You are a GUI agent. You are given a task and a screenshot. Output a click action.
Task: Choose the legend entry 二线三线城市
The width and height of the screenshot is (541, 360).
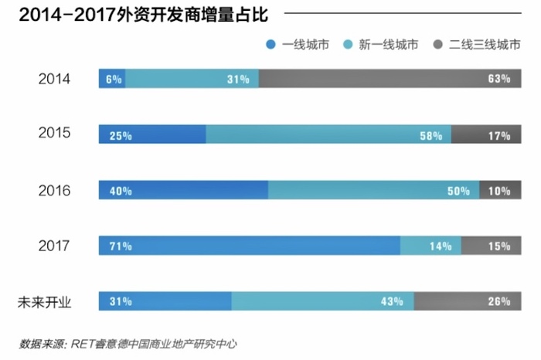[x=486, y=45]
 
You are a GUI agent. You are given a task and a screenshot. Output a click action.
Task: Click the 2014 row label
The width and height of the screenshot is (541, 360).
[x=54, y=79]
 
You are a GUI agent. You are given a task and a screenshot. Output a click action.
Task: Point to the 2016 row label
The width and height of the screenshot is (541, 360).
[x=54, y=190]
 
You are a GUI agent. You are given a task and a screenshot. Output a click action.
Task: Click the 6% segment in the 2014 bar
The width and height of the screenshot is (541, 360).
[x=111, y=79]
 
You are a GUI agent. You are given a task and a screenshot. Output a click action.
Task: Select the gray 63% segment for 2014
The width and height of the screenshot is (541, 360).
[x=386, y=79]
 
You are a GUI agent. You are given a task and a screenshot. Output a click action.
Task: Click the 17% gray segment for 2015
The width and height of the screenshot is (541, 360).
[x=484, y=134]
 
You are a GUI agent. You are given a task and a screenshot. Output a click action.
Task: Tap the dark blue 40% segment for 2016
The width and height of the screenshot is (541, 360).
[x=182, y=190]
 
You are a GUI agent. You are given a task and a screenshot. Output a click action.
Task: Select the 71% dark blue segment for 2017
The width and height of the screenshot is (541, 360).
[x=249, y=246]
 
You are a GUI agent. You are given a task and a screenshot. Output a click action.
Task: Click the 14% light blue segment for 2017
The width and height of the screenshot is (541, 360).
[x=430, y=246]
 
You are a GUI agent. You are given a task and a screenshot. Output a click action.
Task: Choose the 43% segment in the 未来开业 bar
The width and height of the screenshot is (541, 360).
[x=322, y=301]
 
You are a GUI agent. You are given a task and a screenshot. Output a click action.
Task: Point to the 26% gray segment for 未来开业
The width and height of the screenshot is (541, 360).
[x=464, y=301]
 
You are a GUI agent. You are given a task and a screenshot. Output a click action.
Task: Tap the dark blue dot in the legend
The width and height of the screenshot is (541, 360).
[x=270, y=45]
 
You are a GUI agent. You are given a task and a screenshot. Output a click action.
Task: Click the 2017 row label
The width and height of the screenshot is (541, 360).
[x=54, y=246]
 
